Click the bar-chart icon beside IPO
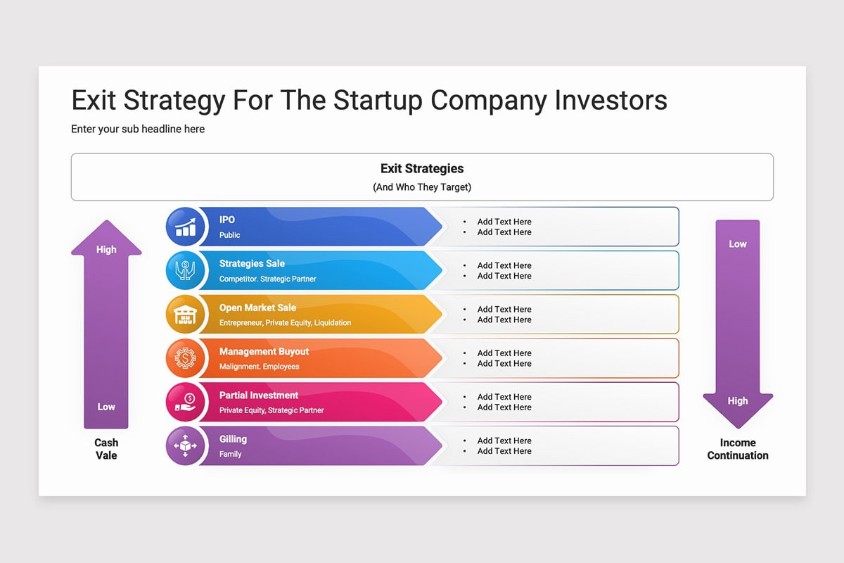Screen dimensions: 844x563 point(186,227)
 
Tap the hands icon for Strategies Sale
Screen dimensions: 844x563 point(185,270)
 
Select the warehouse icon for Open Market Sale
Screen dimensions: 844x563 point(185,315)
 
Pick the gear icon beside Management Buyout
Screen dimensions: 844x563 point(185,358)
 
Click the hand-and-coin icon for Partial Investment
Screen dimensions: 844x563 point(186,402)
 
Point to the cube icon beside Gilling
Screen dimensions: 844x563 point(185,445)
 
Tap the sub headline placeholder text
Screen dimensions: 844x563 point(138,129)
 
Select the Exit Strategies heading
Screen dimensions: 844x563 point(422,169)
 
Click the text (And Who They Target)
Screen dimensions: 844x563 point(422,187)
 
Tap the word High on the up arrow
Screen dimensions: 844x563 point(106,250)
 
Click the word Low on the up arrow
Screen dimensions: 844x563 point(106,407)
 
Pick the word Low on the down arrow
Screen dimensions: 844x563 point(738,244)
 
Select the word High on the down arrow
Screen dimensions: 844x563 point(738,401)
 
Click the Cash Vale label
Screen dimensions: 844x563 point(106,449)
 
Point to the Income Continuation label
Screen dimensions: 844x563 point(738,449)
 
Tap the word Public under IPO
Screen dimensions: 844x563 point(229,235)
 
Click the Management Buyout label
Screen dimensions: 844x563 point(264,351)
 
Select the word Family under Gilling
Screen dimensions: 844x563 point(230,454)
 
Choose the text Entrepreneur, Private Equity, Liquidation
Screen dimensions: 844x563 point(286,323)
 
